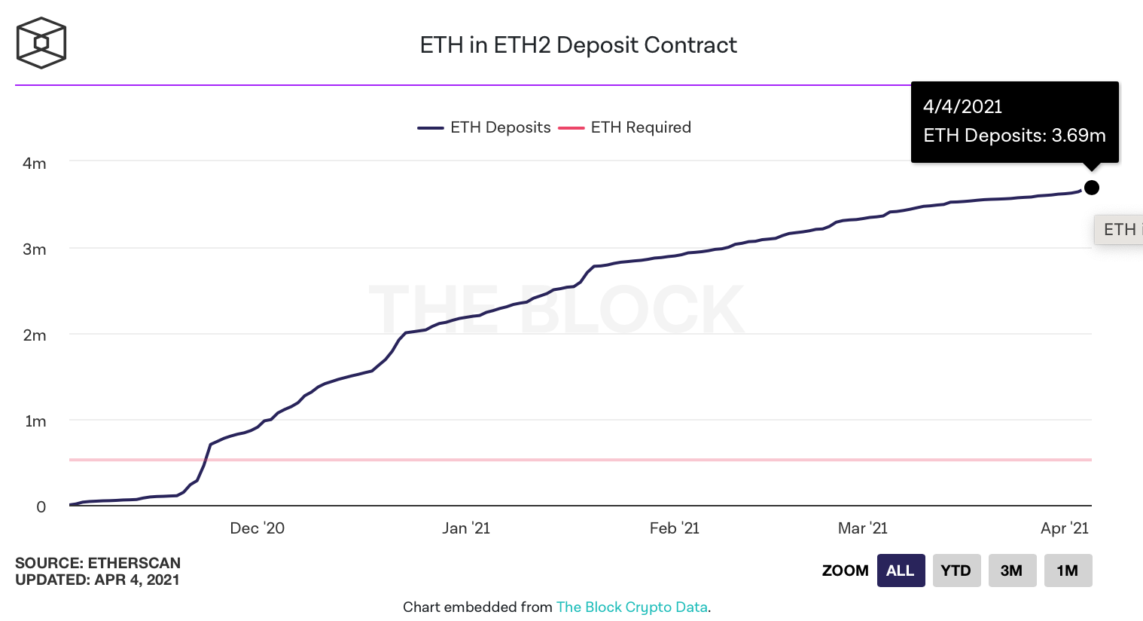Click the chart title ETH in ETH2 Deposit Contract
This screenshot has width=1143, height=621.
578,45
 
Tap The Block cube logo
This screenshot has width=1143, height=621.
41,43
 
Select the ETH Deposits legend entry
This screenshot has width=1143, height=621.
483,127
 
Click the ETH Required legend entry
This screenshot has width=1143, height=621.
624,127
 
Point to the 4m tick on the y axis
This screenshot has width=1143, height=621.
34,164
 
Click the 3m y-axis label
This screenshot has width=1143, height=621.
34,249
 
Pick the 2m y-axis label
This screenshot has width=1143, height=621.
34,335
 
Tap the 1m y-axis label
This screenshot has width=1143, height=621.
35,421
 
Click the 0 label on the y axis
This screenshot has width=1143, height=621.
41,506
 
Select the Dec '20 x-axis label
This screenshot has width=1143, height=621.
258,528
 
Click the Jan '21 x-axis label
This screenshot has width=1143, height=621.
466,528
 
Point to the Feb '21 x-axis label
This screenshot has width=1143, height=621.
674,528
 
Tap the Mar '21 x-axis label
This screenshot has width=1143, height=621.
862,528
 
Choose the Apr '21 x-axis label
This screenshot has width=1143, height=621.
1065,528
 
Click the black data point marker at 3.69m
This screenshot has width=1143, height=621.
1092,188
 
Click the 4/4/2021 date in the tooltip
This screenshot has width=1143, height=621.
963,107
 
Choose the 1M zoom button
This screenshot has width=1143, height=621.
1068,571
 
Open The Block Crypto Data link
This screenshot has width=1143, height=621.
632,607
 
